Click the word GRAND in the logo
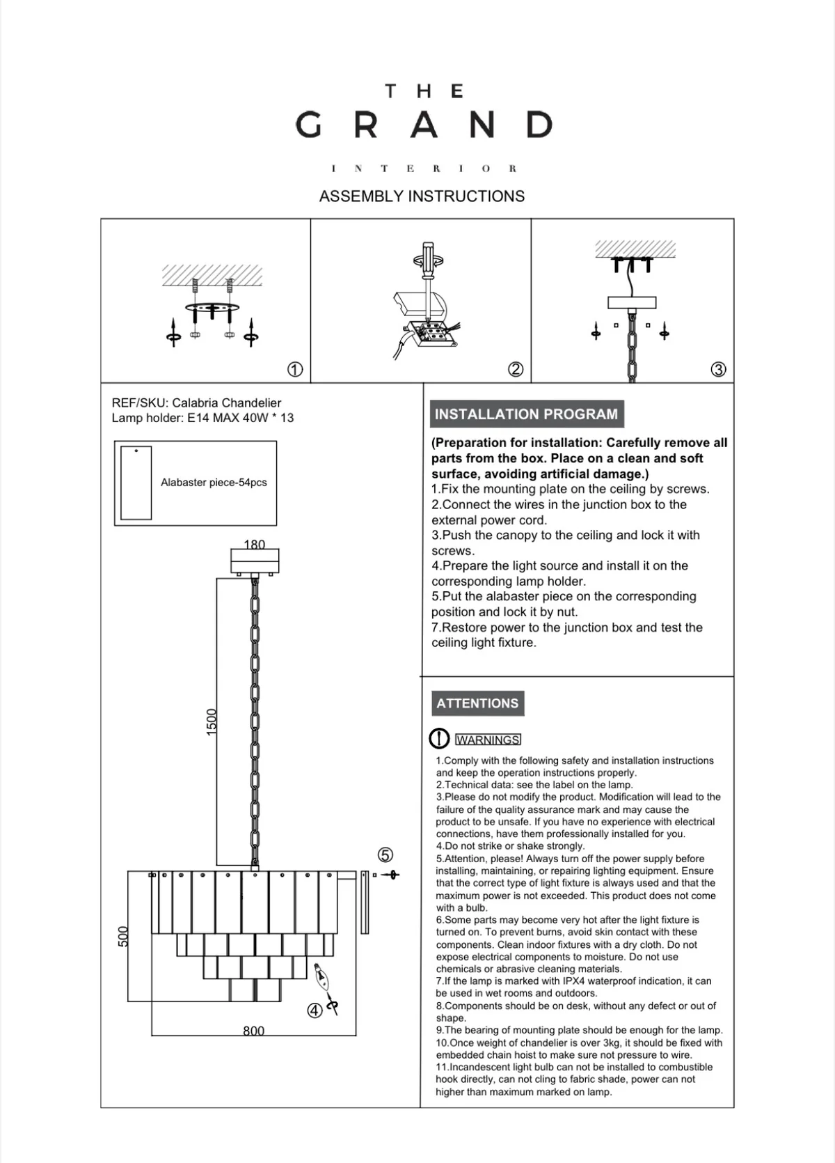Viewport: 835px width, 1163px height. pyautogui.click(x=423, y=125)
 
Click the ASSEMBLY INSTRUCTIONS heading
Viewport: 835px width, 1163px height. pyautogui.click(x=422, y=196)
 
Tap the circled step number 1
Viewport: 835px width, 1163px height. pyautogui.click(x=295, y=370)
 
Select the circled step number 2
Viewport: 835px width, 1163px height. pyautogui.click(x=516, y=370)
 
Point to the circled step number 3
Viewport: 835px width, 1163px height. pyautogui.click(x=719, y=370)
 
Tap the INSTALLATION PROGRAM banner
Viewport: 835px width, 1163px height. pyautogui.click(x=526, y=414)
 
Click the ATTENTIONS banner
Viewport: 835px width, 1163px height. pyautogui.click(x=477, y=703)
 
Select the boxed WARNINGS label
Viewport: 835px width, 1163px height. pyautogui.click(x=488, y=740)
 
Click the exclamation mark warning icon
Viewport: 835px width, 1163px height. pyautogui.click(x=439, y=739)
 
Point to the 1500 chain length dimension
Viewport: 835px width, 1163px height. pyautogui.click(x=212, y=721)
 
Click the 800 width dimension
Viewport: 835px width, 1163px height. pyautogui.click(x=253, y=1031)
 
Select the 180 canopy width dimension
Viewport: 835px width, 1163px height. pyautogui.click(x=255, y=545)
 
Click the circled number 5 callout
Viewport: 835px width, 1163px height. pyautogui.click(x=385, y=854)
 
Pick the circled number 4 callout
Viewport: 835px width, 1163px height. pyautogui.click(x=315, y=1010)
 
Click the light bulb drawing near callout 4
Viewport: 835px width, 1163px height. pyautogui.click(x=321, y=978)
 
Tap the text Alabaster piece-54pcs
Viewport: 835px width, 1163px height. pyautogui.click(x=214, y=483)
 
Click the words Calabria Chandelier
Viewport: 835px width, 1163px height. pyautogui.click(x=227, y=403)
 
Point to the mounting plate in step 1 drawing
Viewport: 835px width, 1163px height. pyautogui.click(x=212, y=307)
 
